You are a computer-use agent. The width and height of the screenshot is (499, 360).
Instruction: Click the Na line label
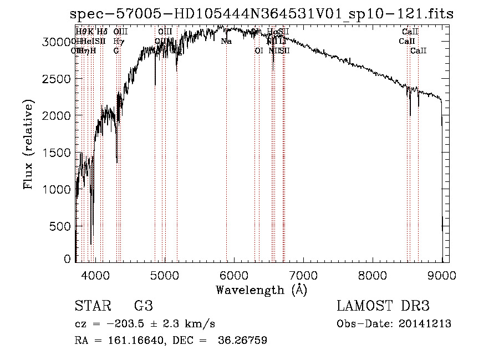226,41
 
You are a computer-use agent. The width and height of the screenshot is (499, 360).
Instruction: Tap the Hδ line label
102,32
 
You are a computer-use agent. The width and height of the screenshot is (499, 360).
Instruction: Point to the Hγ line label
118,41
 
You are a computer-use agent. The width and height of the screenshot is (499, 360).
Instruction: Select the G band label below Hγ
116,50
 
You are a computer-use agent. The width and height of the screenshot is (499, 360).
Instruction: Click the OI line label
258,50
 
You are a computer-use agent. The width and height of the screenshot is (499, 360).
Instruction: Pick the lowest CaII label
419,50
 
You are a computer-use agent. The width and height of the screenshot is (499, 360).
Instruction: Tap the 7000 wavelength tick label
303,273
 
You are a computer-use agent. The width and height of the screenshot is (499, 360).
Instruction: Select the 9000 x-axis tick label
442,273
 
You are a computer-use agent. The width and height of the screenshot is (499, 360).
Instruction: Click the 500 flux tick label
63,226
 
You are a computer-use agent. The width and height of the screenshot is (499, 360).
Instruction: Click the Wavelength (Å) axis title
261,290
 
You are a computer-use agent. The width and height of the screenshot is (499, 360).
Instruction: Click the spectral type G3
143,306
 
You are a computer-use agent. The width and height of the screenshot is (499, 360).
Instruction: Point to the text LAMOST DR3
383,306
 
